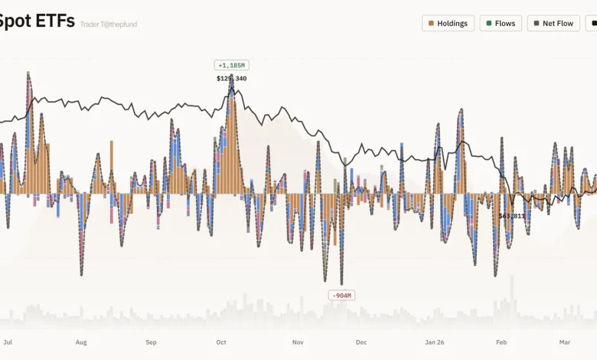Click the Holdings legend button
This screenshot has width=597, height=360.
click(448, 23)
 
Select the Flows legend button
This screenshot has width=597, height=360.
click(501, 23)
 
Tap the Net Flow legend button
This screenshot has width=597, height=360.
click(553, 23)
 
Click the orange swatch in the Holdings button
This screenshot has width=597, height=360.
click(432, 23)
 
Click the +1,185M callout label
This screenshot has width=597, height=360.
click(231, 65)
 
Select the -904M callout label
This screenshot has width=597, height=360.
click(341, 295)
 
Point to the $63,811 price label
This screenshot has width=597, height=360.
click(512, 216)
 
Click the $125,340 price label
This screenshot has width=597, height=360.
click(231, 78)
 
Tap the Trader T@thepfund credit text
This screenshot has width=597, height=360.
click(108, 25)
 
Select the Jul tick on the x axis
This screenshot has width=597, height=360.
click(8, 342)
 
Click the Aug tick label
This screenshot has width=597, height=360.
click(81, 342)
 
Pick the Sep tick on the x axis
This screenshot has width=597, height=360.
click(151, 342)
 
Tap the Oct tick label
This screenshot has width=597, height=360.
click(221, 342)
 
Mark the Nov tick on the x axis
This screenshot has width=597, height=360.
click(298, 342)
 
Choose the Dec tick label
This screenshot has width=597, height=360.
click(361, 342)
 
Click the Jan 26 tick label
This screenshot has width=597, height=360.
click(435, 342)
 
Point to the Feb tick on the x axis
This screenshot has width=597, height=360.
click(501, 342)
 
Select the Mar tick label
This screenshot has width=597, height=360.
click(565, 342)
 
